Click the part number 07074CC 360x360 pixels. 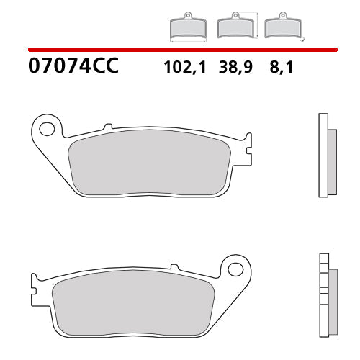click(73, 68)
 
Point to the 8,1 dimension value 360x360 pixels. click(276, 68)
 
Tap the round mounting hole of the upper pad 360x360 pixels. click(48, 130)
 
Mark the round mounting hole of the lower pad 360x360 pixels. click(235, 269)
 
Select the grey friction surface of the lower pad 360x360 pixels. click(133, 305)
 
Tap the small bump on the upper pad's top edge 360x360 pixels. click(108, 127)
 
